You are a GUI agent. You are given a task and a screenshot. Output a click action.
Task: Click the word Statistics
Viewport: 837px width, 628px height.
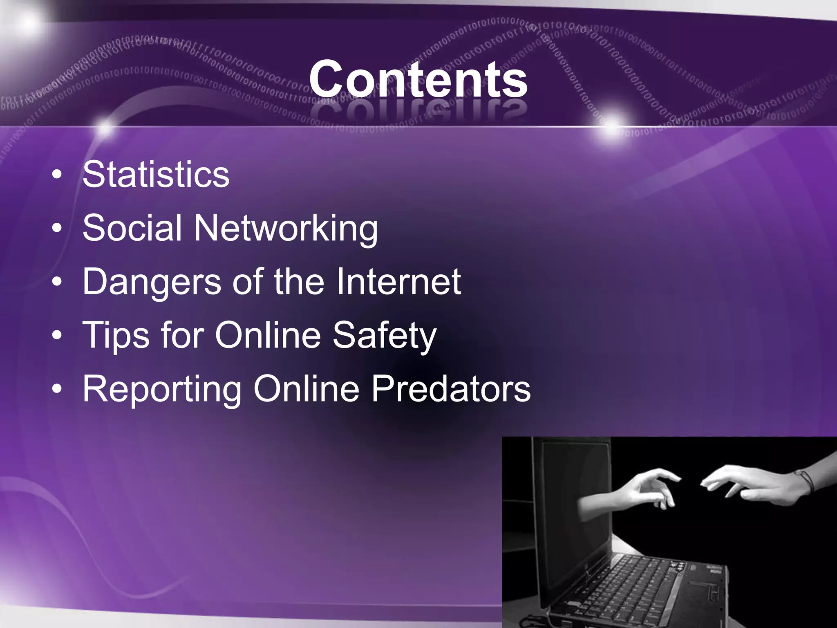(x=156, y=175)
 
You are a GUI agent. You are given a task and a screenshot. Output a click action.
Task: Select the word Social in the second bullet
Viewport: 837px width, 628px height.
(x=132, y=228)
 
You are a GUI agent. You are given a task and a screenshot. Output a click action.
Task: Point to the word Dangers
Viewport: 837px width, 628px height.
(x=152, y=282)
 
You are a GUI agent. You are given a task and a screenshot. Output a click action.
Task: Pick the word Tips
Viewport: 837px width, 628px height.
(x=116, y=336)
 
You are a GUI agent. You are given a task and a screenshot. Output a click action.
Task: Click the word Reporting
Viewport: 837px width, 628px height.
(x=162, y=390)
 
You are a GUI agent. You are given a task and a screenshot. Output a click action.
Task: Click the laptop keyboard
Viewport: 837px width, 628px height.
(x=638, y=581)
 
